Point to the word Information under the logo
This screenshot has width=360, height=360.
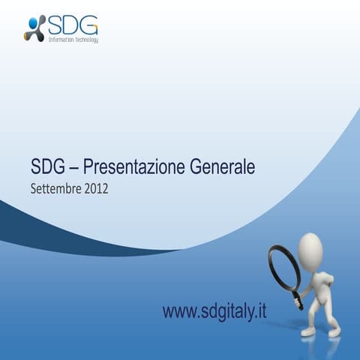[x=59, y=39]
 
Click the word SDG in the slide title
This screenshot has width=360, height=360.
[x=46, y=166]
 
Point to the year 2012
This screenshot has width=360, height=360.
[x=96, y=189]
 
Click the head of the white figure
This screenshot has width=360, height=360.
[x=310, y=247]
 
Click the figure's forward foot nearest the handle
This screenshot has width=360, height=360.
[x=308, y=331]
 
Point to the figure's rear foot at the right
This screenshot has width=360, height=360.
[x=334, y=330]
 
